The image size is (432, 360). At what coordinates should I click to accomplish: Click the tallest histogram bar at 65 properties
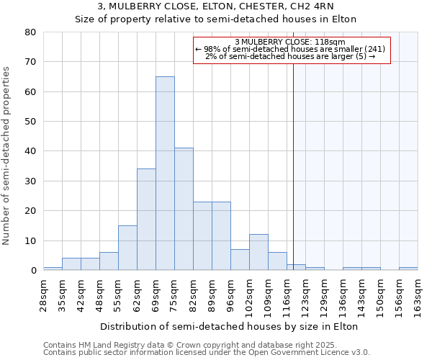[165, 173]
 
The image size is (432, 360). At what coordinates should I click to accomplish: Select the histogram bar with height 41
[184, 209]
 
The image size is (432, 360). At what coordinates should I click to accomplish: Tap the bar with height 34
[146, 220]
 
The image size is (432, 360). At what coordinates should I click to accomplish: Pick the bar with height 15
[127, 248]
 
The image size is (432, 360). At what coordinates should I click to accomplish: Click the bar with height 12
[258, 252]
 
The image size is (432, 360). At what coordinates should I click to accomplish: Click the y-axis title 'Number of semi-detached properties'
[7, 156]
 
